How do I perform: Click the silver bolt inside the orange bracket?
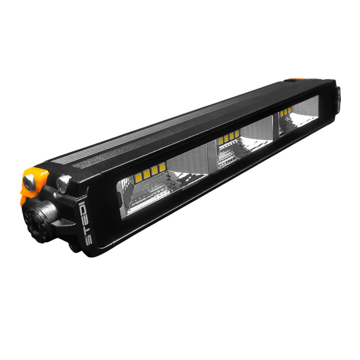pyautogui.click(x=30, y=181)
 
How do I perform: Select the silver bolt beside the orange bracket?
pyautogui.click(x=64, y=183)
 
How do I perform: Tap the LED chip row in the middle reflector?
pyautogui.click(x=229, y=137)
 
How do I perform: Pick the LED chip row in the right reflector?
pyautogui.click(x=286, y=112)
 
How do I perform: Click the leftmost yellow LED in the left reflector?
pyautogui.click(x=138, y=178)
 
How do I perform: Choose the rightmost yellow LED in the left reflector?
pyautogui.click(x=163, y=167)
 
